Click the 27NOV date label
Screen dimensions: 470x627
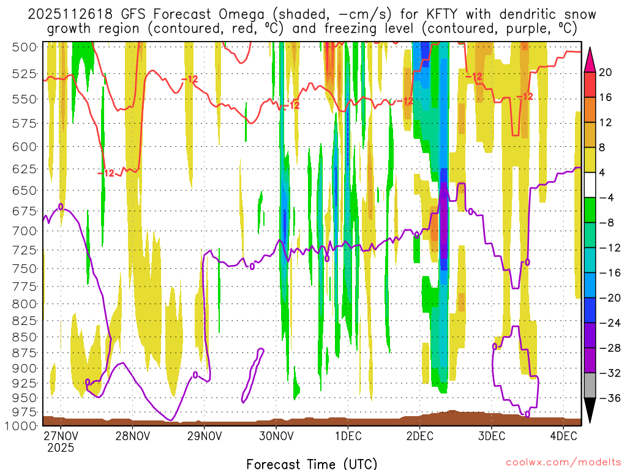(61, 436)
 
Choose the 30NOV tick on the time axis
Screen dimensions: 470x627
(276, 436)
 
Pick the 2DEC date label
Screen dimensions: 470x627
(419, 436)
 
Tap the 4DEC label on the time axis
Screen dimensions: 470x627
(563, 436)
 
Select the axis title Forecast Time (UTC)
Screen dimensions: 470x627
(312, 463)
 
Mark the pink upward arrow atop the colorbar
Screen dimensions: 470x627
(590, 59)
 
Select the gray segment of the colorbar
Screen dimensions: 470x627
(590, 386)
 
